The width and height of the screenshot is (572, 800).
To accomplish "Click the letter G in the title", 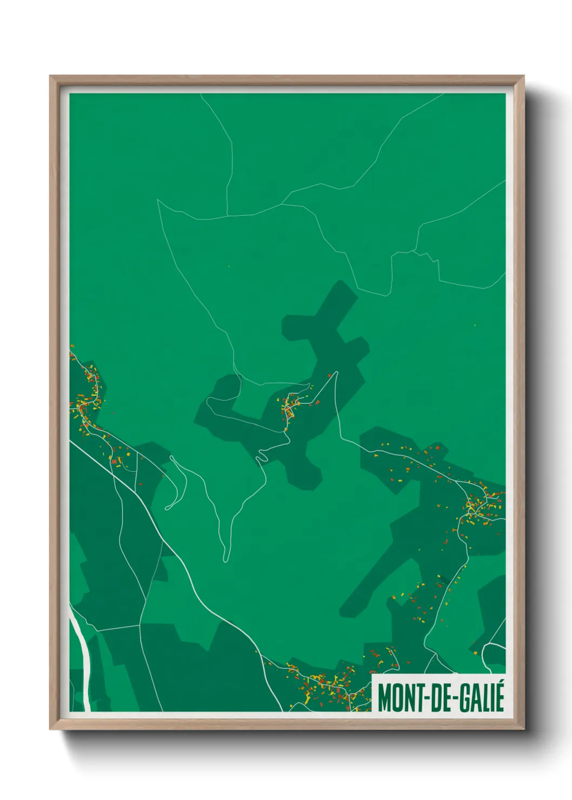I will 464,698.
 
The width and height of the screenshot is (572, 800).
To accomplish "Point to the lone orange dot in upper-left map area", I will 229,266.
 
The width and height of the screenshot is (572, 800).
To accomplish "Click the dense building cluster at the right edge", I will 481,505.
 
